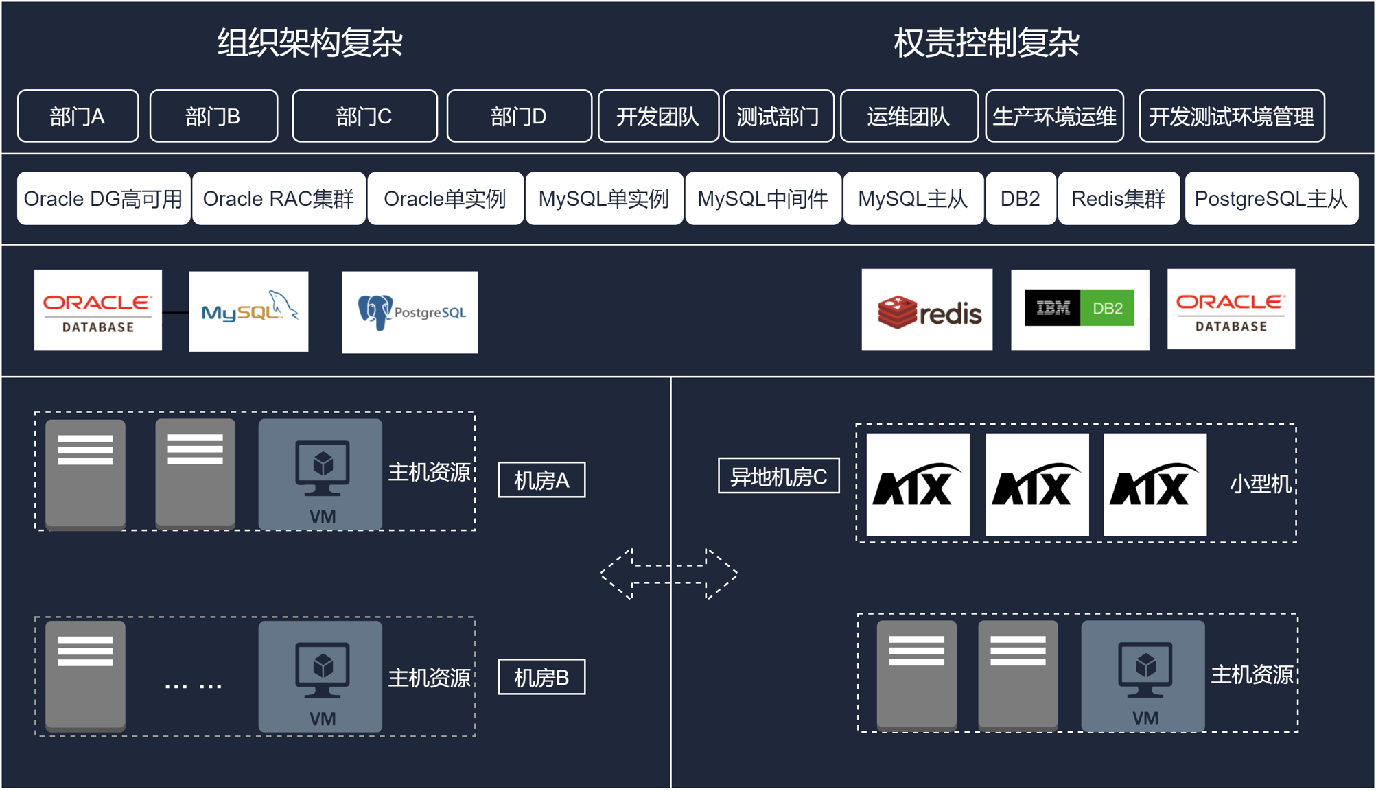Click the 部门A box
pos(78,116)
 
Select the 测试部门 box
pos(778,116)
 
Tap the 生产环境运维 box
pos(1054,116)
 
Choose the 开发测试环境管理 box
pos(1231,116)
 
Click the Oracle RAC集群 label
pos(279,198)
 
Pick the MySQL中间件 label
pos(762,198)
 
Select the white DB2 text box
pos(1020,198)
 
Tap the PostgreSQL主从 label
pos(1271,198)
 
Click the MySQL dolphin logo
pos(248,311)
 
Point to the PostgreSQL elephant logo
pos(410,312)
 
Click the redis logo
pos(926,309)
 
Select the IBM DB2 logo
pos(1079,309)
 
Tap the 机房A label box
pos(541,480)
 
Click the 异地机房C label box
pos(778,475)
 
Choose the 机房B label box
pos(541,677)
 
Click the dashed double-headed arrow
pos(669,574)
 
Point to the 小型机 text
pos(1260,484)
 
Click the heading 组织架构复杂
pos(310,43)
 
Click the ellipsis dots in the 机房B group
pos(193,685)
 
